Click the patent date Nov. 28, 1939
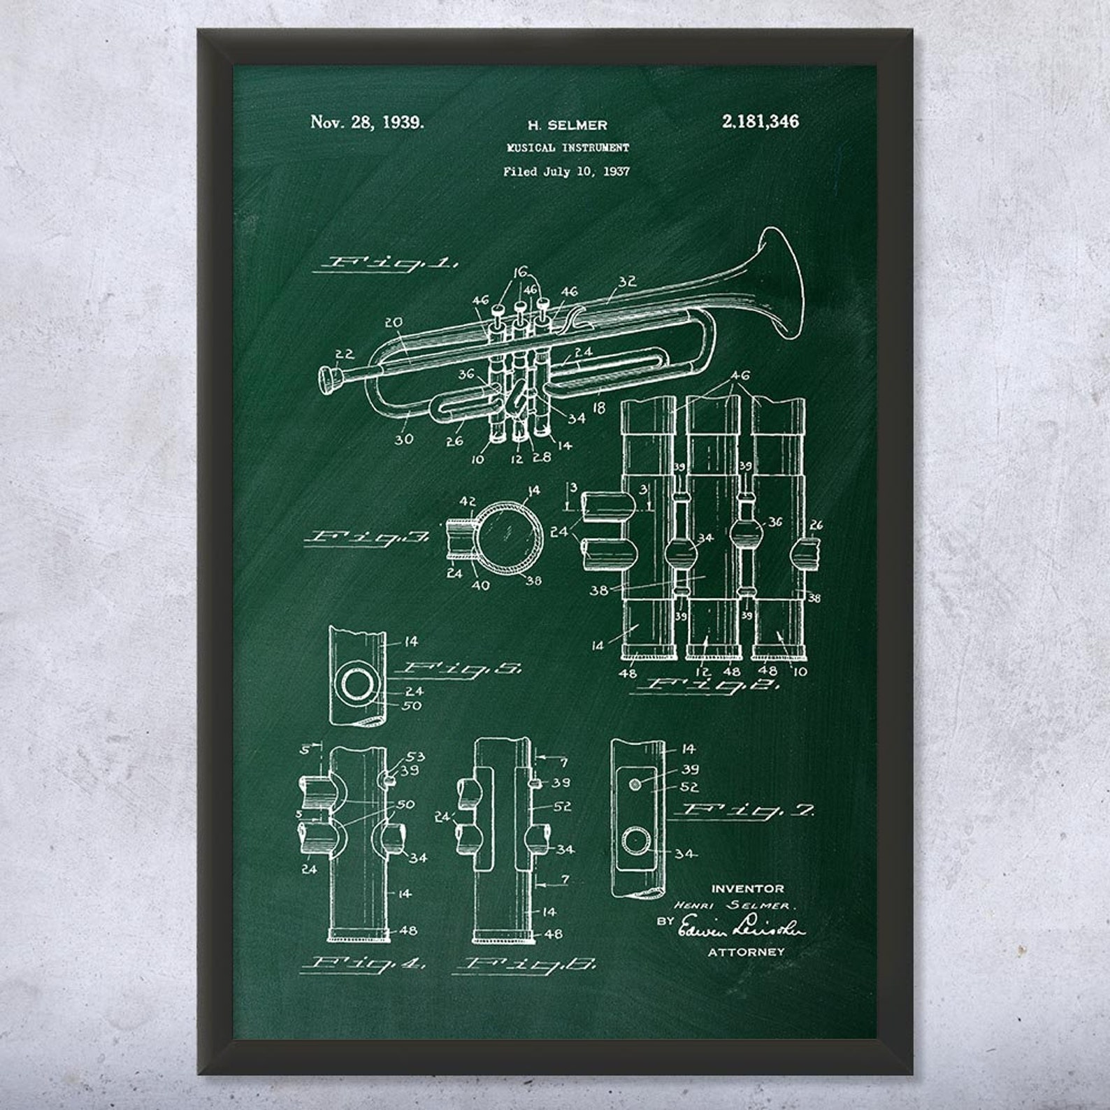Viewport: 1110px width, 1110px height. tap(367, 123)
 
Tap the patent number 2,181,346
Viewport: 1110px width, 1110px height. tap(760, 122)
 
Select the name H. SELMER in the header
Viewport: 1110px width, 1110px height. tap(567, 126)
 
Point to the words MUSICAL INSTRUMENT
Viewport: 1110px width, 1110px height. tap(568, 148)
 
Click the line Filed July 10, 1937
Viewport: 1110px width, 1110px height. tap(566, 171)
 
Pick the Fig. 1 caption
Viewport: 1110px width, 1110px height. tap(386, 264)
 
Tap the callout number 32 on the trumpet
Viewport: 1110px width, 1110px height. tap(627, 282)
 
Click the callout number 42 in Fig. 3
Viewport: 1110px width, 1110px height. tap(468, 501)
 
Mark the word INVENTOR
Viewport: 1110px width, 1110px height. tap(747, 888)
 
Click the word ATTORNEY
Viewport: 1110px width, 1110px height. tap(746, 951)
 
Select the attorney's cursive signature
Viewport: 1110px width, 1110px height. tap(743, 928)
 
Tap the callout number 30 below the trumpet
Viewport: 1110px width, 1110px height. tap(403, 440)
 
